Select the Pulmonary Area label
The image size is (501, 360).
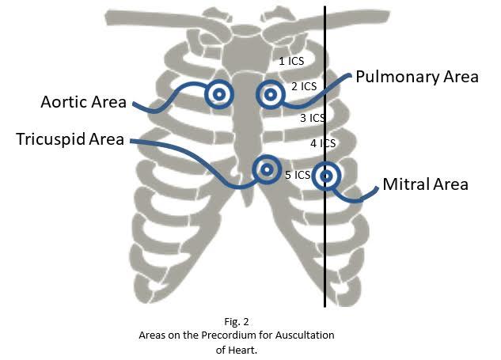[416, 77]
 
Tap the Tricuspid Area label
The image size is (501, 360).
[70, 140]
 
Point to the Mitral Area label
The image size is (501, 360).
[425, 184]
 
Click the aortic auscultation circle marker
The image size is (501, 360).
[219, 95]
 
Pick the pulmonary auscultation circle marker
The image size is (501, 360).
[271, 95]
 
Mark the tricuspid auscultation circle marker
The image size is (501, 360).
[267, 169]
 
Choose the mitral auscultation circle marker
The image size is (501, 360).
[325, 176]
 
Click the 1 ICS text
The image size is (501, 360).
[290, 60]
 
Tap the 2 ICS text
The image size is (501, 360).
[303, 85]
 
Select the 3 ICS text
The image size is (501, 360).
[313, 118]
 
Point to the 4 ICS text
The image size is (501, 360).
[323, 143]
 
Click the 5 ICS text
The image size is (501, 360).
[298, 175]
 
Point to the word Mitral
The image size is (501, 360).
[405, 184]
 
